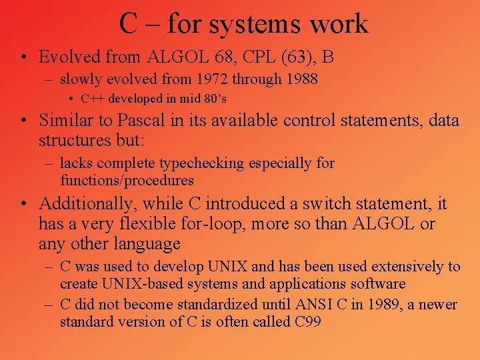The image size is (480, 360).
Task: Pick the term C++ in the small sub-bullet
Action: (94, 99)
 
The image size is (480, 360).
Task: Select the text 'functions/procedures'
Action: (127, 180)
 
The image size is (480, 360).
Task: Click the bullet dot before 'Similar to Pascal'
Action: (23, 121)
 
